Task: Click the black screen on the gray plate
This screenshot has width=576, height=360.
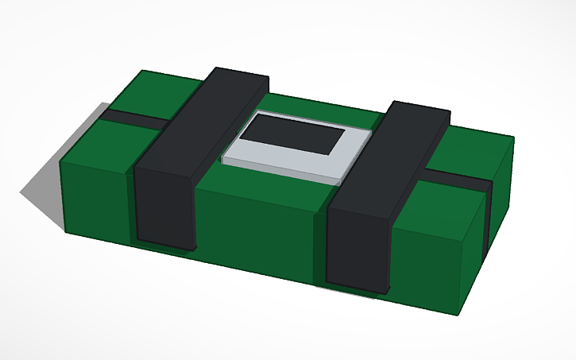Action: (x=294, y=135)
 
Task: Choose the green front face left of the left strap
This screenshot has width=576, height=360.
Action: (x=95, y=199)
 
